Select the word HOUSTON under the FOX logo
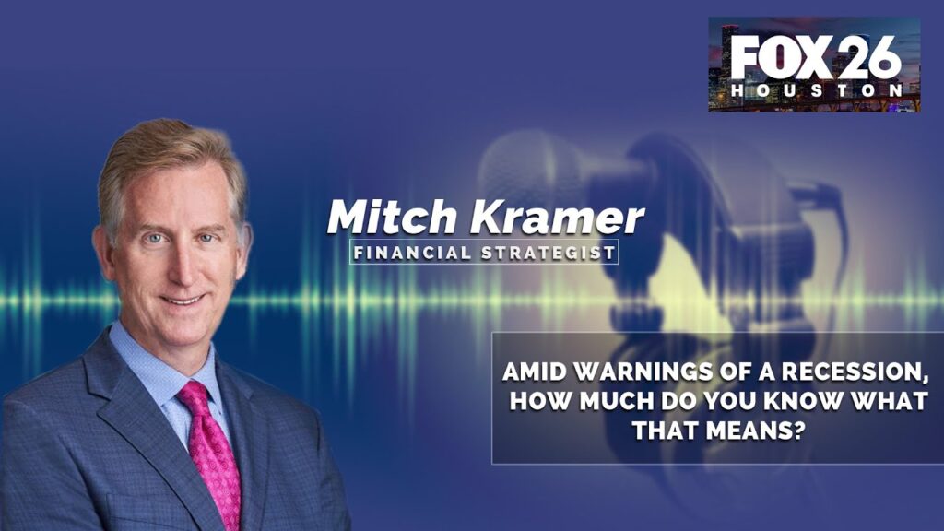[817, 91]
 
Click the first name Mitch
[391, 217]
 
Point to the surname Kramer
[557, 217]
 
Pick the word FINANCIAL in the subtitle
[412, 253]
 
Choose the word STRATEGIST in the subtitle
[548, 253]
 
